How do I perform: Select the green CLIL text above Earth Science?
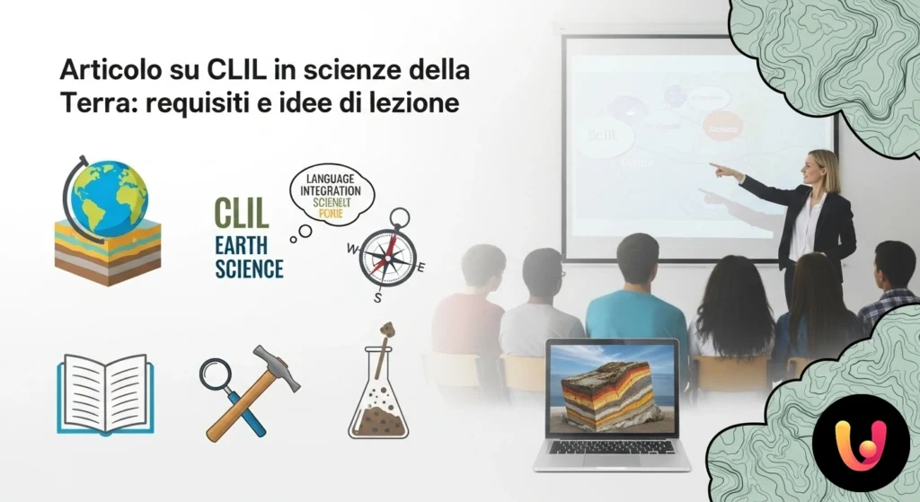point(241,215)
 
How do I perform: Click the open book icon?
point(105,393)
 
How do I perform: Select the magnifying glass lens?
point(216,374)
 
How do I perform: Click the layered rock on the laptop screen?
point(611,392)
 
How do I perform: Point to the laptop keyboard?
point(611,446)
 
